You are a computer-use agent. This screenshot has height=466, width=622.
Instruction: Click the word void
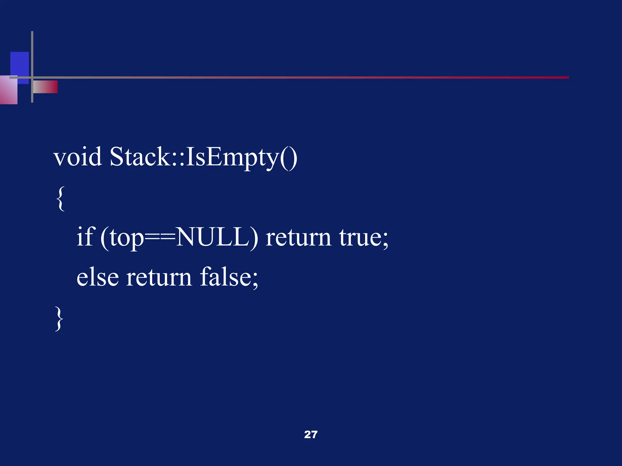pyautogui.click(x=78, y=157)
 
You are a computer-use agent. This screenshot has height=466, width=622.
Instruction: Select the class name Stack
pyautogui.click(x=139, y=157)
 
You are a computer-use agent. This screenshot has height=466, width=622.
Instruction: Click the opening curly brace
pyautogui.click(x=60, y=199)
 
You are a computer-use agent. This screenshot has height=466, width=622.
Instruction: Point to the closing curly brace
pyautogui.click(x=59, y=318)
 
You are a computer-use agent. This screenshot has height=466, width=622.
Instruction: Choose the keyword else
pyautogui.click(x=97, y=277)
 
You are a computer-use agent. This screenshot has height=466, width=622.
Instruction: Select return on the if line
pyautogui.click(x=298, y=238)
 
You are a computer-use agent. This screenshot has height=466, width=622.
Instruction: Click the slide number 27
pyautogui.click(x=311, y=434)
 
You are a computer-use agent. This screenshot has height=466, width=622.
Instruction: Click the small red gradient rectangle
pyautogui.click(x=46, y=87)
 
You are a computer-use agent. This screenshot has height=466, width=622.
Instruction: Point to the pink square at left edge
pyautogui.click(x=9, y=90)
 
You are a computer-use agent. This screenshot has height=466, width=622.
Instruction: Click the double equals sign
pyautogui.click(x=160, y=238)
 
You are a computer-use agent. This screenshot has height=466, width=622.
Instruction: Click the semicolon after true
pyautogui.click(x=385, y=240)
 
